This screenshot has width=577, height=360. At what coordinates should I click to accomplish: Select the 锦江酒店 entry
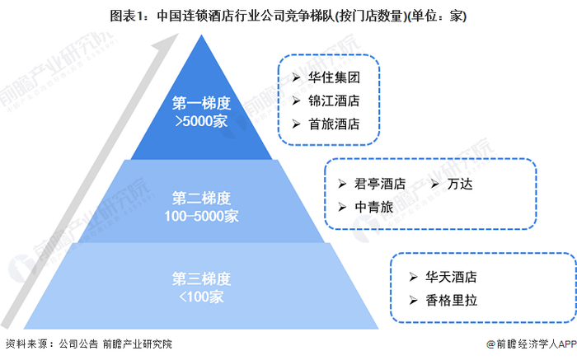[333, 102]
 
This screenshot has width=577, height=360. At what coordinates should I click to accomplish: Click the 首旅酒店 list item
[333, 124]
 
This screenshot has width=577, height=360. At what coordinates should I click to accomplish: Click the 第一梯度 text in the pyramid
[201, 104]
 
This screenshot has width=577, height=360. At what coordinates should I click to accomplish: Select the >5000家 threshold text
[201, 120]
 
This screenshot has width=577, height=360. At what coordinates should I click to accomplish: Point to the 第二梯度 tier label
[201, 199]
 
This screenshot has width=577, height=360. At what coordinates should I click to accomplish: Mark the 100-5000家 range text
[201, 216]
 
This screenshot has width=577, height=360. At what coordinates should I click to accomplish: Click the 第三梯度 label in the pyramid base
[201, 277]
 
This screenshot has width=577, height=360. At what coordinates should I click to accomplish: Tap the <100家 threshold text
[201, 294]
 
